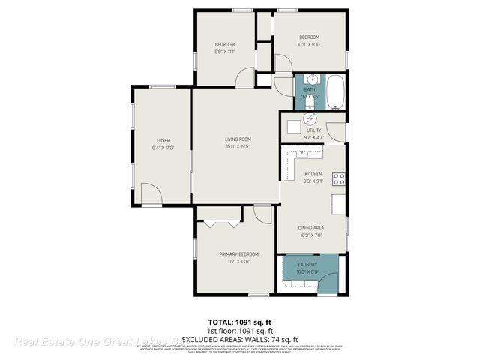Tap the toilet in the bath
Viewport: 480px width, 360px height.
[308, 102]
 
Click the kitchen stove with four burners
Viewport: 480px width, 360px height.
[339, 178]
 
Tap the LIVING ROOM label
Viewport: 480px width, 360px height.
[238, 139]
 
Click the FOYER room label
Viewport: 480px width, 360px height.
[163, 140]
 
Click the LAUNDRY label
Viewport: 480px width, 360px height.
[307, 265]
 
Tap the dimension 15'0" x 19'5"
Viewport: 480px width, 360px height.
[238, 146]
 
